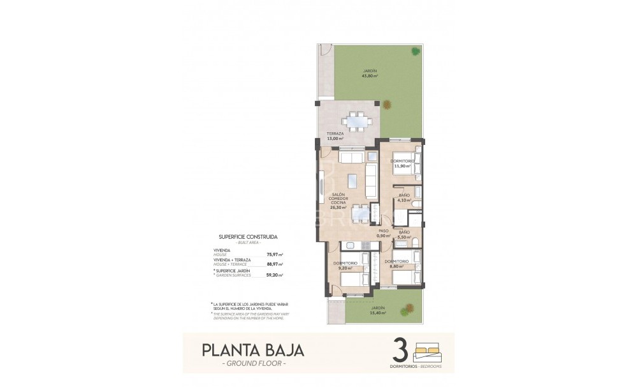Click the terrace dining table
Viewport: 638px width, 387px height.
[352, 120]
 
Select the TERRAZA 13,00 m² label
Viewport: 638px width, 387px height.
[336, 137]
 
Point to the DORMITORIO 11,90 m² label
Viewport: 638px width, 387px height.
[402, 163]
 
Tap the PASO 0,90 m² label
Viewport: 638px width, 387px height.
[383, 233]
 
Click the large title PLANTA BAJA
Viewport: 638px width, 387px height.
[252, 350]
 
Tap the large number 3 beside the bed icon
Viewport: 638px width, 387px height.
[400, 350]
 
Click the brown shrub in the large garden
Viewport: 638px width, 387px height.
[416, 52]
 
